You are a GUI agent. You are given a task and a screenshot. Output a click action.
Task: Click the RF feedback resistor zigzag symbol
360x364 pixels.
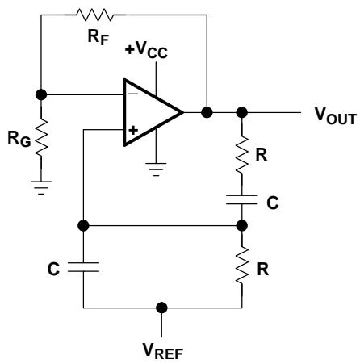pyautogui.click(x=94, y=15)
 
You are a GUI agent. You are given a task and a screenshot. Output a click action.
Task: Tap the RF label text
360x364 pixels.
pyautogui.click(x=98, y=37)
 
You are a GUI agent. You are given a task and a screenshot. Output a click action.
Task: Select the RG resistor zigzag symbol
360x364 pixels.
pyautogui.click(x=41, y=137)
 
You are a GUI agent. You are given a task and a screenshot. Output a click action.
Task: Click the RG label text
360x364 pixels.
pyautogui.click(x=19, y=140)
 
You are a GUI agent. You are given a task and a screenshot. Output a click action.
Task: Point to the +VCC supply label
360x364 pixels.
pyautogui.click(x=146, y=50)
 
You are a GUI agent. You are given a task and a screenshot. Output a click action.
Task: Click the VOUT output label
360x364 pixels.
pyautogui.click(x=336, y=116)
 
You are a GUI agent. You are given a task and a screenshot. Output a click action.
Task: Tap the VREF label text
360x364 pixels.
pyautogui.click(x=163, y=351)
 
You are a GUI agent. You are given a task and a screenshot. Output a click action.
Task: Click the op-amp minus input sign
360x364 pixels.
pyautogui.click(x=133, y=94)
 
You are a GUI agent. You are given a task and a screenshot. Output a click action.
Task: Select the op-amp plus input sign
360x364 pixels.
pyautogui.click(x=133, y=131)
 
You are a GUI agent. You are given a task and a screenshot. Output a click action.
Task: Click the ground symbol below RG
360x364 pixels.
pyautogui.click(x=41, y=187)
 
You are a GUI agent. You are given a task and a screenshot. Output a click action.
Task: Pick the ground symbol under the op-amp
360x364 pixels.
pyautogui.click(x=156, y=169)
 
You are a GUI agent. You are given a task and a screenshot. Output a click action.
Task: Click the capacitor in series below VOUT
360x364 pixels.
pyautogui.click(x=242, y=199)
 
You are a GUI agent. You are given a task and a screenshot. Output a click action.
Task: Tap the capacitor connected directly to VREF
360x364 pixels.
pyautogui.click(x=83, y=267)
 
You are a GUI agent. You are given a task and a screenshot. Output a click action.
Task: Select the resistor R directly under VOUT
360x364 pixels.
pyautogui.click(x=242, y=154)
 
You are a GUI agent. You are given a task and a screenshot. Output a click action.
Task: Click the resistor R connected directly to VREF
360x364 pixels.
pyautogui.click(x=242, y=265)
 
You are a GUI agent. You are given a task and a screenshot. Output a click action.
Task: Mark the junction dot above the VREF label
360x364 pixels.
pyautogui.click(x=161, y=308)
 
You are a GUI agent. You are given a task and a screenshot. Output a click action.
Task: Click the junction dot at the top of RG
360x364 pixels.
pyautogui.click(x=41, y=94)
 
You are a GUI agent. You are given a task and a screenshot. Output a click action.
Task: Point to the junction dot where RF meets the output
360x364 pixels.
pyautogui.click(x=207, y=112)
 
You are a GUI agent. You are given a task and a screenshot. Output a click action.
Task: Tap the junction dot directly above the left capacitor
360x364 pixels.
pyautogui.click(x=83, y=225)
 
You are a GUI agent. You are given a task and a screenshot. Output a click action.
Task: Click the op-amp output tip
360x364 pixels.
pyautogui.click(x=183, y=112)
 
